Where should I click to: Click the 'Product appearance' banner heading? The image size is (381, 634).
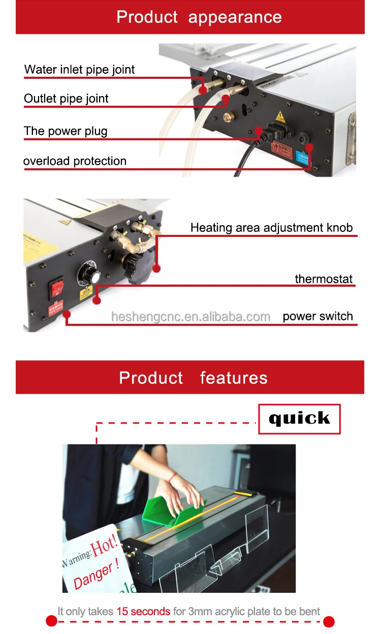click(199, 17)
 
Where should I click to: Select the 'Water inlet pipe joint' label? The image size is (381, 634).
click(79, 70)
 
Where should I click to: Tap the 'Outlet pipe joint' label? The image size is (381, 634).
click(66, 99)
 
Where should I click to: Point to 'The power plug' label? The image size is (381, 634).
click(66, 131)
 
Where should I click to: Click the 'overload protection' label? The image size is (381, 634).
click(75, 161)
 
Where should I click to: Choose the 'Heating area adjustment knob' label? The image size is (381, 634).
click(271, 227)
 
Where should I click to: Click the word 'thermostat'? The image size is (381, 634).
click(324, 279)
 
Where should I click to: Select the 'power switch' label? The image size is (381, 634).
click(317, 316)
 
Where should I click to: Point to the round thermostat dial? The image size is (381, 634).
click(88, 277)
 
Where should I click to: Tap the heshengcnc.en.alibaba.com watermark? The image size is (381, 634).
click(190, 317)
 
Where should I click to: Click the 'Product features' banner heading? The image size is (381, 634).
click(193, 378)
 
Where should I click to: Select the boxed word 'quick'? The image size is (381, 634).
click(299, 418)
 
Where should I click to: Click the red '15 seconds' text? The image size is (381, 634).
click(143, 611)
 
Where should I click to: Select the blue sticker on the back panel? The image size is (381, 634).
click(303, 158)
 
